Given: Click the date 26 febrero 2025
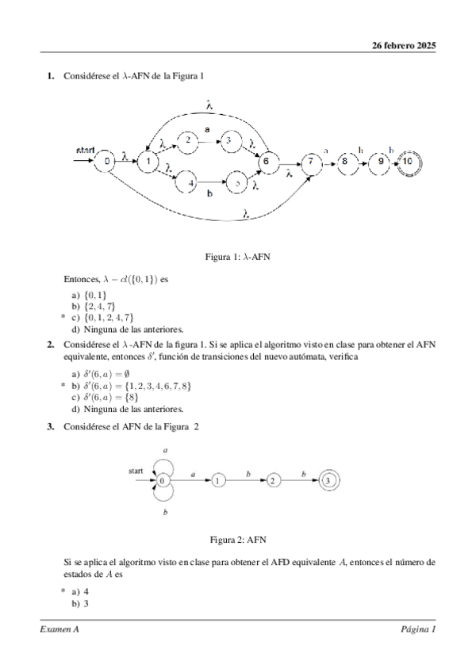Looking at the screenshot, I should coord(404,45).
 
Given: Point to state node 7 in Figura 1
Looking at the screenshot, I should coord(313,161).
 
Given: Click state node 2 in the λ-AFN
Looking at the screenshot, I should coord(188,140).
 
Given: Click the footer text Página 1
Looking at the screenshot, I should coord(418,630).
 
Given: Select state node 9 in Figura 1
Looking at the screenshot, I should coord(381,161).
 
